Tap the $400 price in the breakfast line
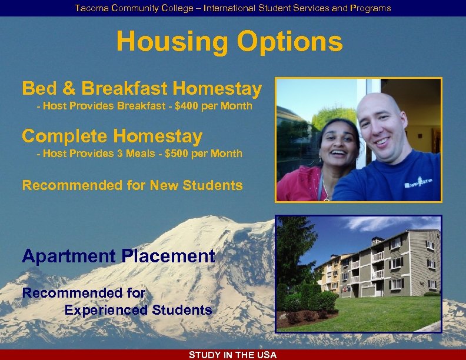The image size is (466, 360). pyautogui.click(x=187, y=106)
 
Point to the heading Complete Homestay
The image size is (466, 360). pyautogui.click(x=112, y=136)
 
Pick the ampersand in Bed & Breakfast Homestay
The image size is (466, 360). pyautogui.click(x=68, y=89)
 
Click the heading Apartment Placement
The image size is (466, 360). pyautogui.click(x=118, y=256)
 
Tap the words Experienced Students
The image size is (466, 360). pyautogui.click(x=138, y=310)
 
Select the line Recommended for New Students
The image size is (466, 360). pyautogui.click(x=132, y=186)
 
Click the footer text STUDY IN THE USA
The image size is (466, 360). pyautogui.click(x=232, y=355)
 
